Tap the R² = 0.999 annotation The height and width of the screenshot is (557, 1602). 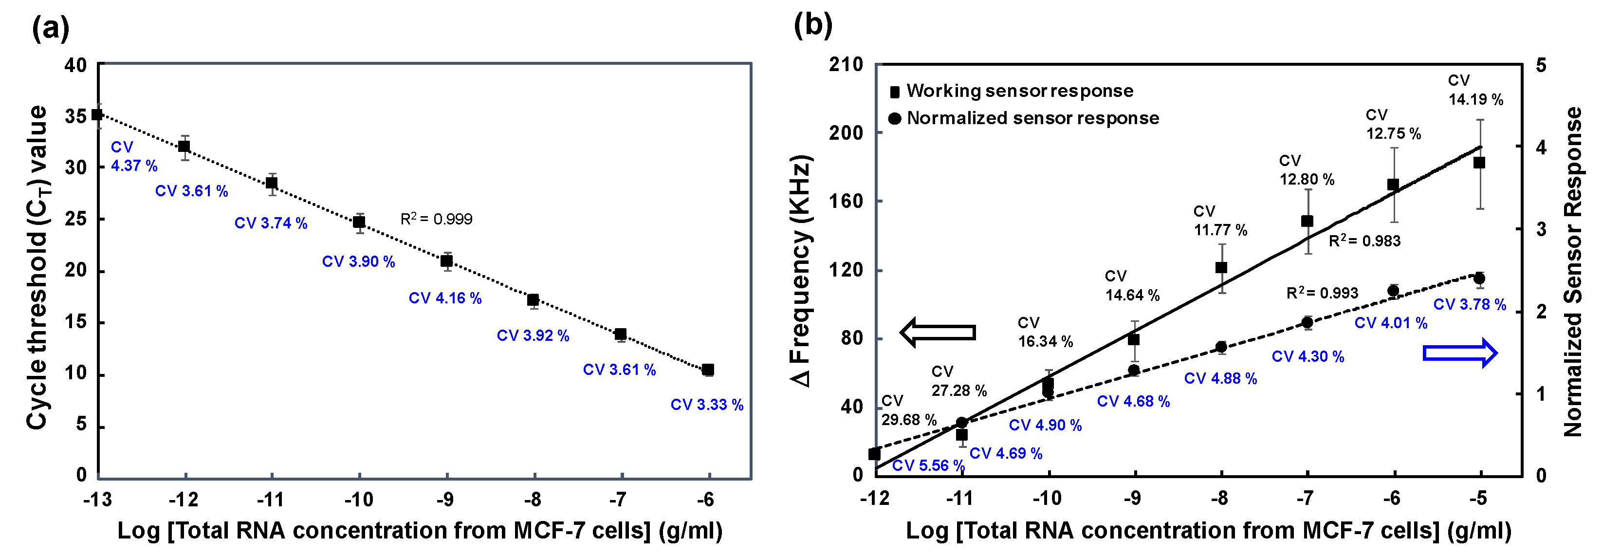pos(436,219)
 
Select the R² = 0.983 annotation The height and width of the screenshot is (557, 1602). pos(1364,241)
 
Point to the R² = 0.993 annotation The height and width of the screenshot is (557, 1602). pos(1322,293)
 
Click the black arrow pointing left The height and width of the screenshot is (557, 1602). pos(937,333)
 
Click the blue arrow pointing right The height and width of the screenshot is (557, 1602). pos(1459,353)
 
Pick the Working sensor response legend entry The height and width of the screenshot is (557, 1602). pos(1012,92)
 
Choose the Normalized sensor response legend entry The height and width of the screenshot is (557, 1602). pos(1024,118)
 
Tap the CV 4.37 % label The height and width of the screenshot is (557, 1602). pos(133,156)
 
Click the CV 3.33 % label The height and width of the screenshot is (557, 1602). pos(706,405)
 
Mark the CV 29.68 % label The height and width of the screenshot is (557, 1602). pos(908,410)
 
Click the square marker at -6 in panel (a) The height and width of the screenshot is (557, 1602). pos(708,370)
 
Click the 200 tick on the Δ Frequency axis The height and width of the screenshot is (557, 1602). pos(846,132)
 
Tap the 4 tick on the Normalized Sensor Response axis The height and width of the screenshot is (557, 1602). pos(1541,148)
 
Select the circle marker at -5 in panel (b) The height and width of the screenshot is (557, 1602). pos(1479,278)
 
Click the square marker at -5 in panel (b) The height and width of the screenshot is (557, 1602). pos(1479,163)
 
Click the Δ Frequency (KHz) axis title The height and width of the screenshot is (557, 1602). pos(802,271)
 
